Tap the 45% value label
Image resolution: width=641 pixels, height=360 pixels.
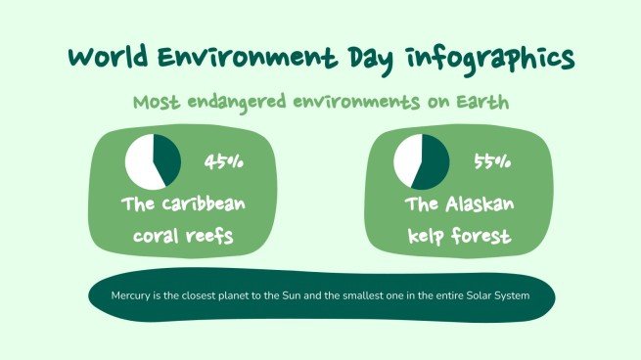[x=224, y=161]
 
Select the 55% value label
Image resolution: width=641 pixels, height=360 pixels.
[x=492, y=161]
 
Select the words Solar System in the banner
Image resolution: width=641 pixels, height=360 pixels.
[x=495, y=294]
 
